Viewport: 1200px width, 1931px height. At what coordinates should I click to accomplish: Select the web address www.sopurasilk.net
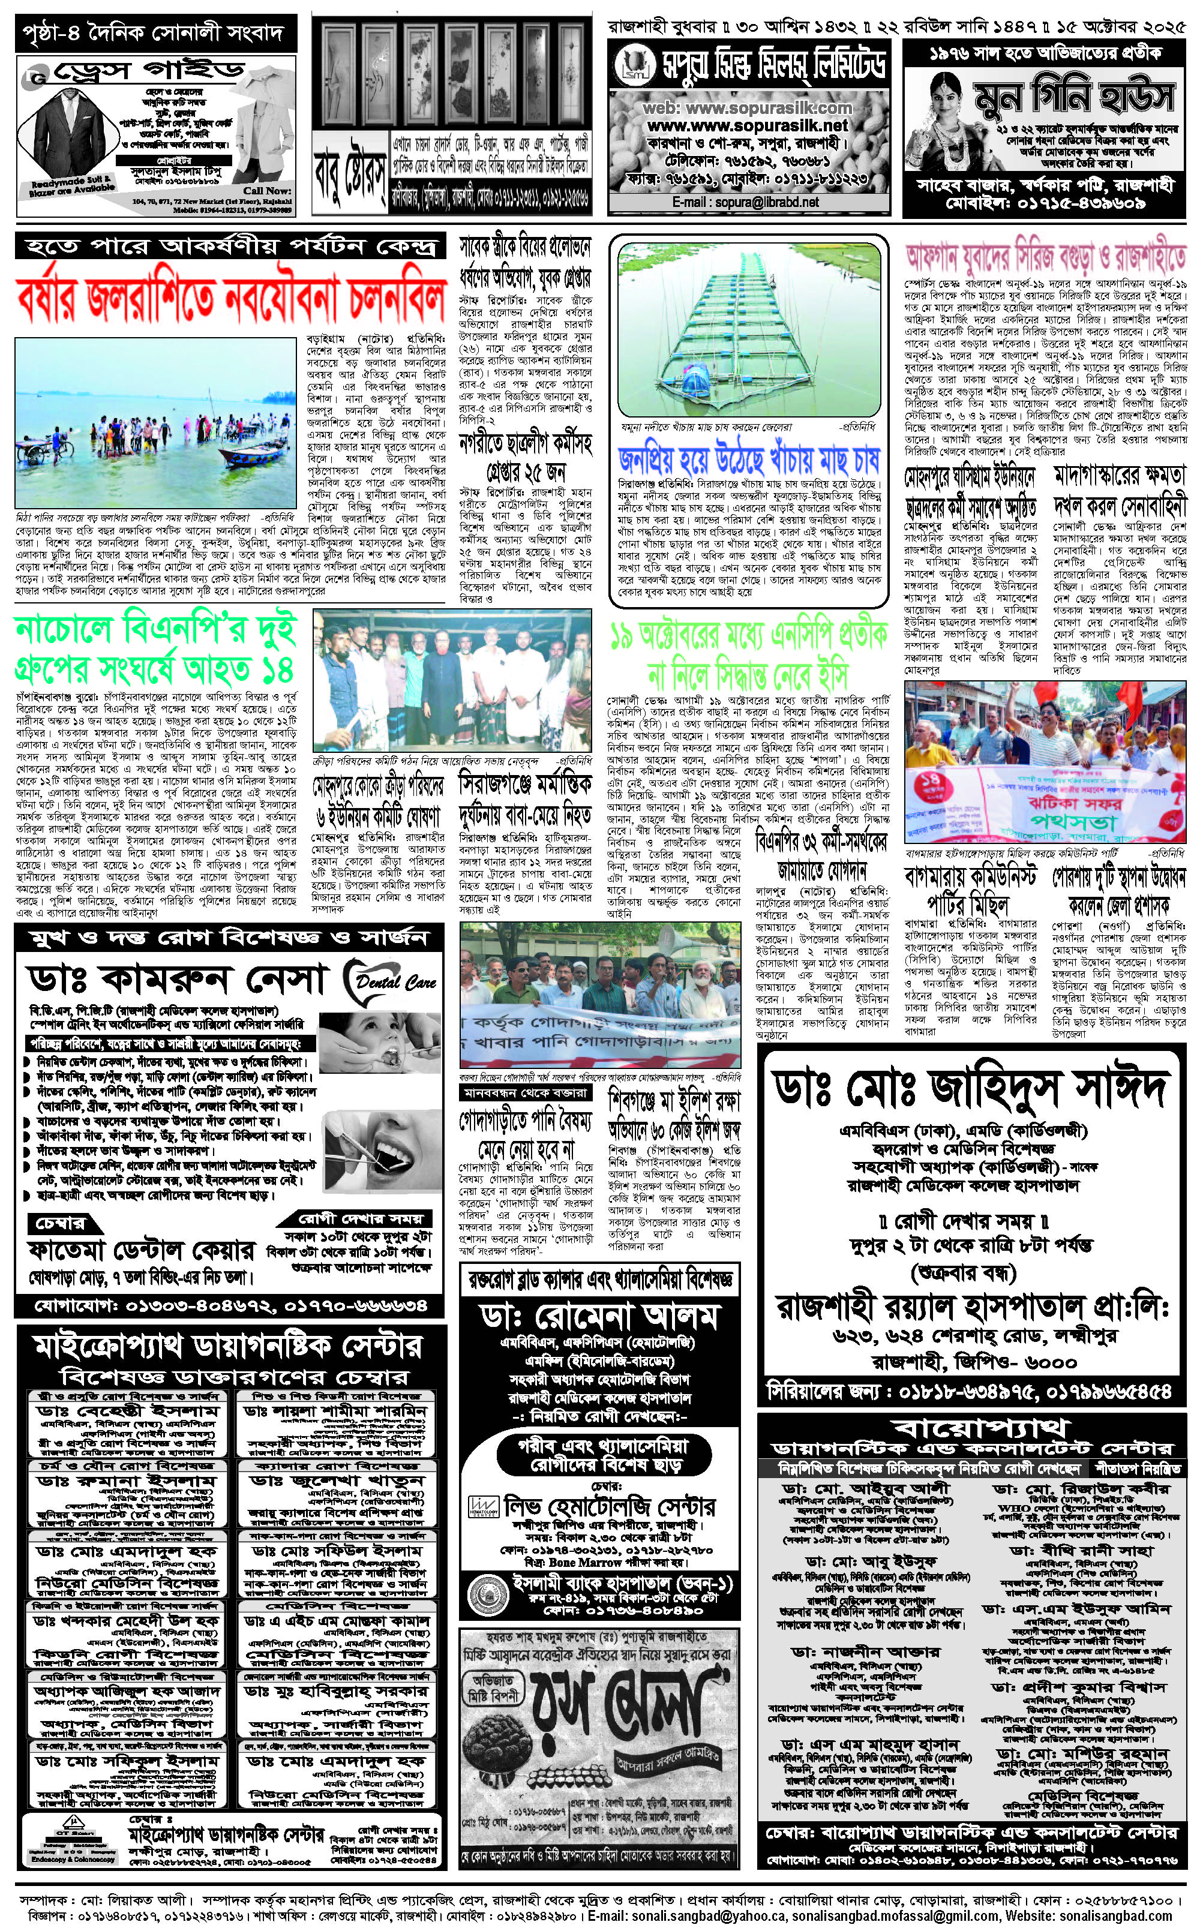[747, 125]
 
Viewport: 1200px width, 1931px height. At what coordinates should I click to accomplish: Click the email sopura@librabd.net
[745, 202]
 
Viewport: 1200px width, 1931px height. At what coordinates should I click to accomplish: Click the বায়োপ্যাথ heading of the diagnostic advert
[982, 1430]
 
